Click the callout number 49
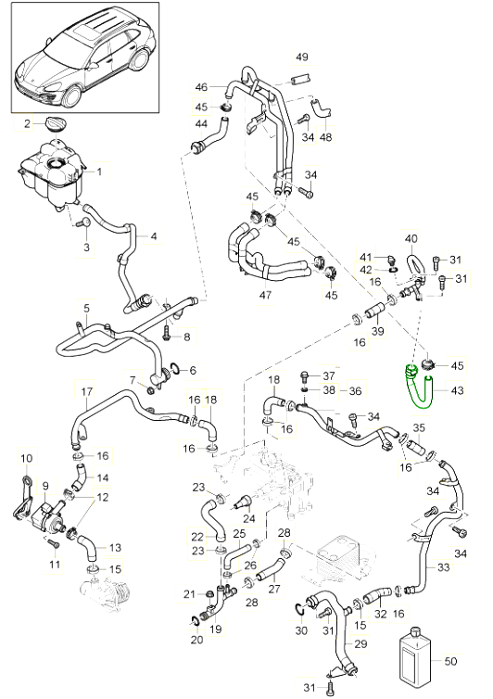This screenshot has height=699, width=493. click(302, 57)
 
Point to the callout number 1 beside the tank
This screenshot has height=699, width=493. click(99, 172)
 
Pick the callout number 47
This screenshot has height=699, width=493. click(265, 295)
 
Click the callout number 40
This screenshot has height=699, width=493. click(411, 239)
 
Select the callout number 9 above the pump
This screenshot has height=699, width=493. click(46, 487)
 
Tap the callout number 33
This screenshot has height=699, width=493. click(444, 567)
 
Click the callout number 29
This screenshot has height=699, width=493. click(360, 643)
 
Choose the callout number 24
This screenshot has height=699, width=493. click(249, 518)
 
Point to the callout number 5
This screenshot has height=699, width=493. click(86, 308)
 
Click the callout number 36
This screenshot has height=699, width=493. click(355, 391)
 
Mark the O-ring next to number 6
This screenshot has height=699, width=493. click(174, 369)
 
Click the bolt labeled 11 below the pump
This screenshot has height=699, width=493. click(53, 544)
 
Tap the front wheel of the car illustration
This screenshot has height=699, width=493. click(71, 95)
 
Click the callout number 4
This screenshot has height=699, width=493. click(154, 235)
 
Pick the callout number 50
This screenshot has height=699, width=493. click(450, 661)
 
